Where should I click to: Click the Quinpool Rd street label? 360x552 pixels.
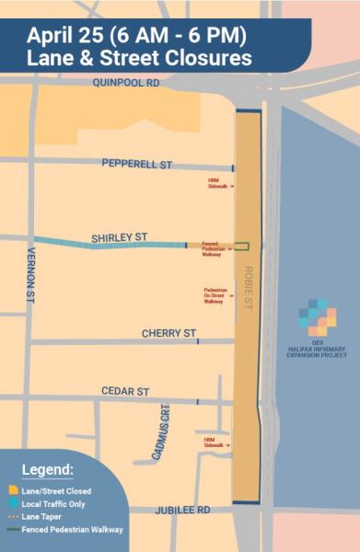[126, 83]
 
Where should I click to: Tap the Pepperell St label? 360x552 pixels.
[136, 165]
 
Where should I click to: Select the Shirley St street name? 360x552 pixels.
[119, 237]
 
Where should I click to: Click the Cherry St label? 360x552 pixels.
[168, 333]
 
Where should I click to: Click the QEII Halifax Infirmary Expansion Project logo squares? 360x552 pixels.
[317, 316]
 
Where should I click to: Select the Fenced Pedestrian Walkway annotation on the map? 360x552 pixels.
[211, 248]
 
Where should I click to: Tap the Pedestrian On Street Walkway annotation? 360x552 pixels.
[214, 295]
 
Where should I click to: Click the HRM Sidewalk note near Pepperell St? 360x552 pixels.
[217, 183]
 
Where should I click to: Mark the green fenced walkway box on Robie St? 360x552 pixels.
[241, 246]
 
